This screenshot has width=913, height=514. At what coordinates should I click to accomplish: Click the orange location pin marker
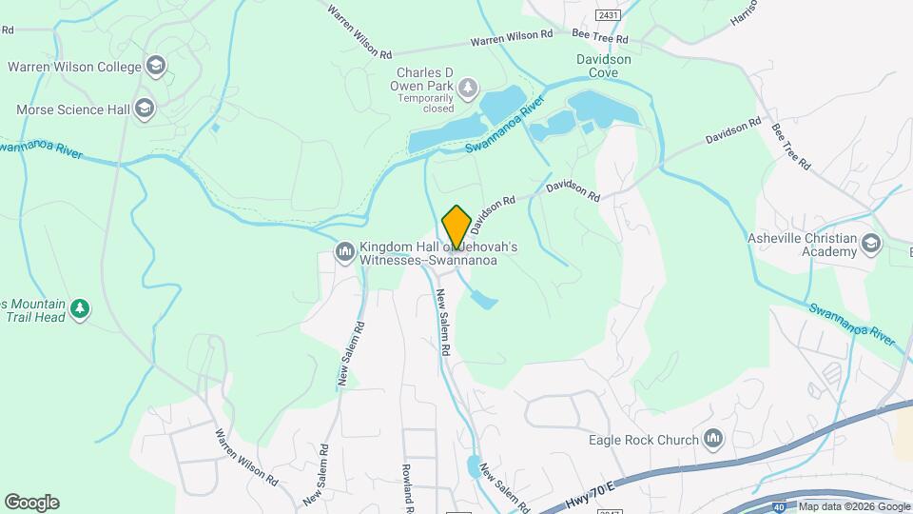point(456,227)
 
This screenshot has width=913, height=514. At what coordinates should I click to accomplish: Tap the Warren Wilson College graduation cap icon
point(156,67)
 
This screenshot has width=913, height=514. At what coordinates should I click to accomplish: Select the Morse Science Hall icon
point(145,109)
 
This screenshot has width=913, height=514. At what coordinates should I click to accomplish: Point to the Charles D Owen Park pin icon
point(468,89)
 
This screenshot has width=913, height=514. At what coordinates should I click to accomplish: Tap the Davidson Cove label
point(604,65)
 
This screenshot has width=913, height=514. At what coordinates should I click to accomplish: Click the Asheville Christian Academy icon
point(870,245)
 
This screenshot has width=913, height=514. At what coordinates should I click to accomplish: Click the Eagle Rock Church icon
point(714,439)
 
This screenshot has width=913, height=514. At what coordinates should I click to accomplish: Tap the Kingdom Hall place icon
point(344,252)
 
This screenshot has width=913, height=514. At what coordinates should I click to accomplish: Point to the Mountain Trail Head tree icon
point(81,308)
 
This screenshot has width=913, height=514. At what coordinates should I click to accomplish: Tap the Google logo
point(31,502)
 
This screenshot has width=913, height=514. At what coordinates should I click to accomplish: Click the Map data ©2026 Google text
point(853,506)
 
